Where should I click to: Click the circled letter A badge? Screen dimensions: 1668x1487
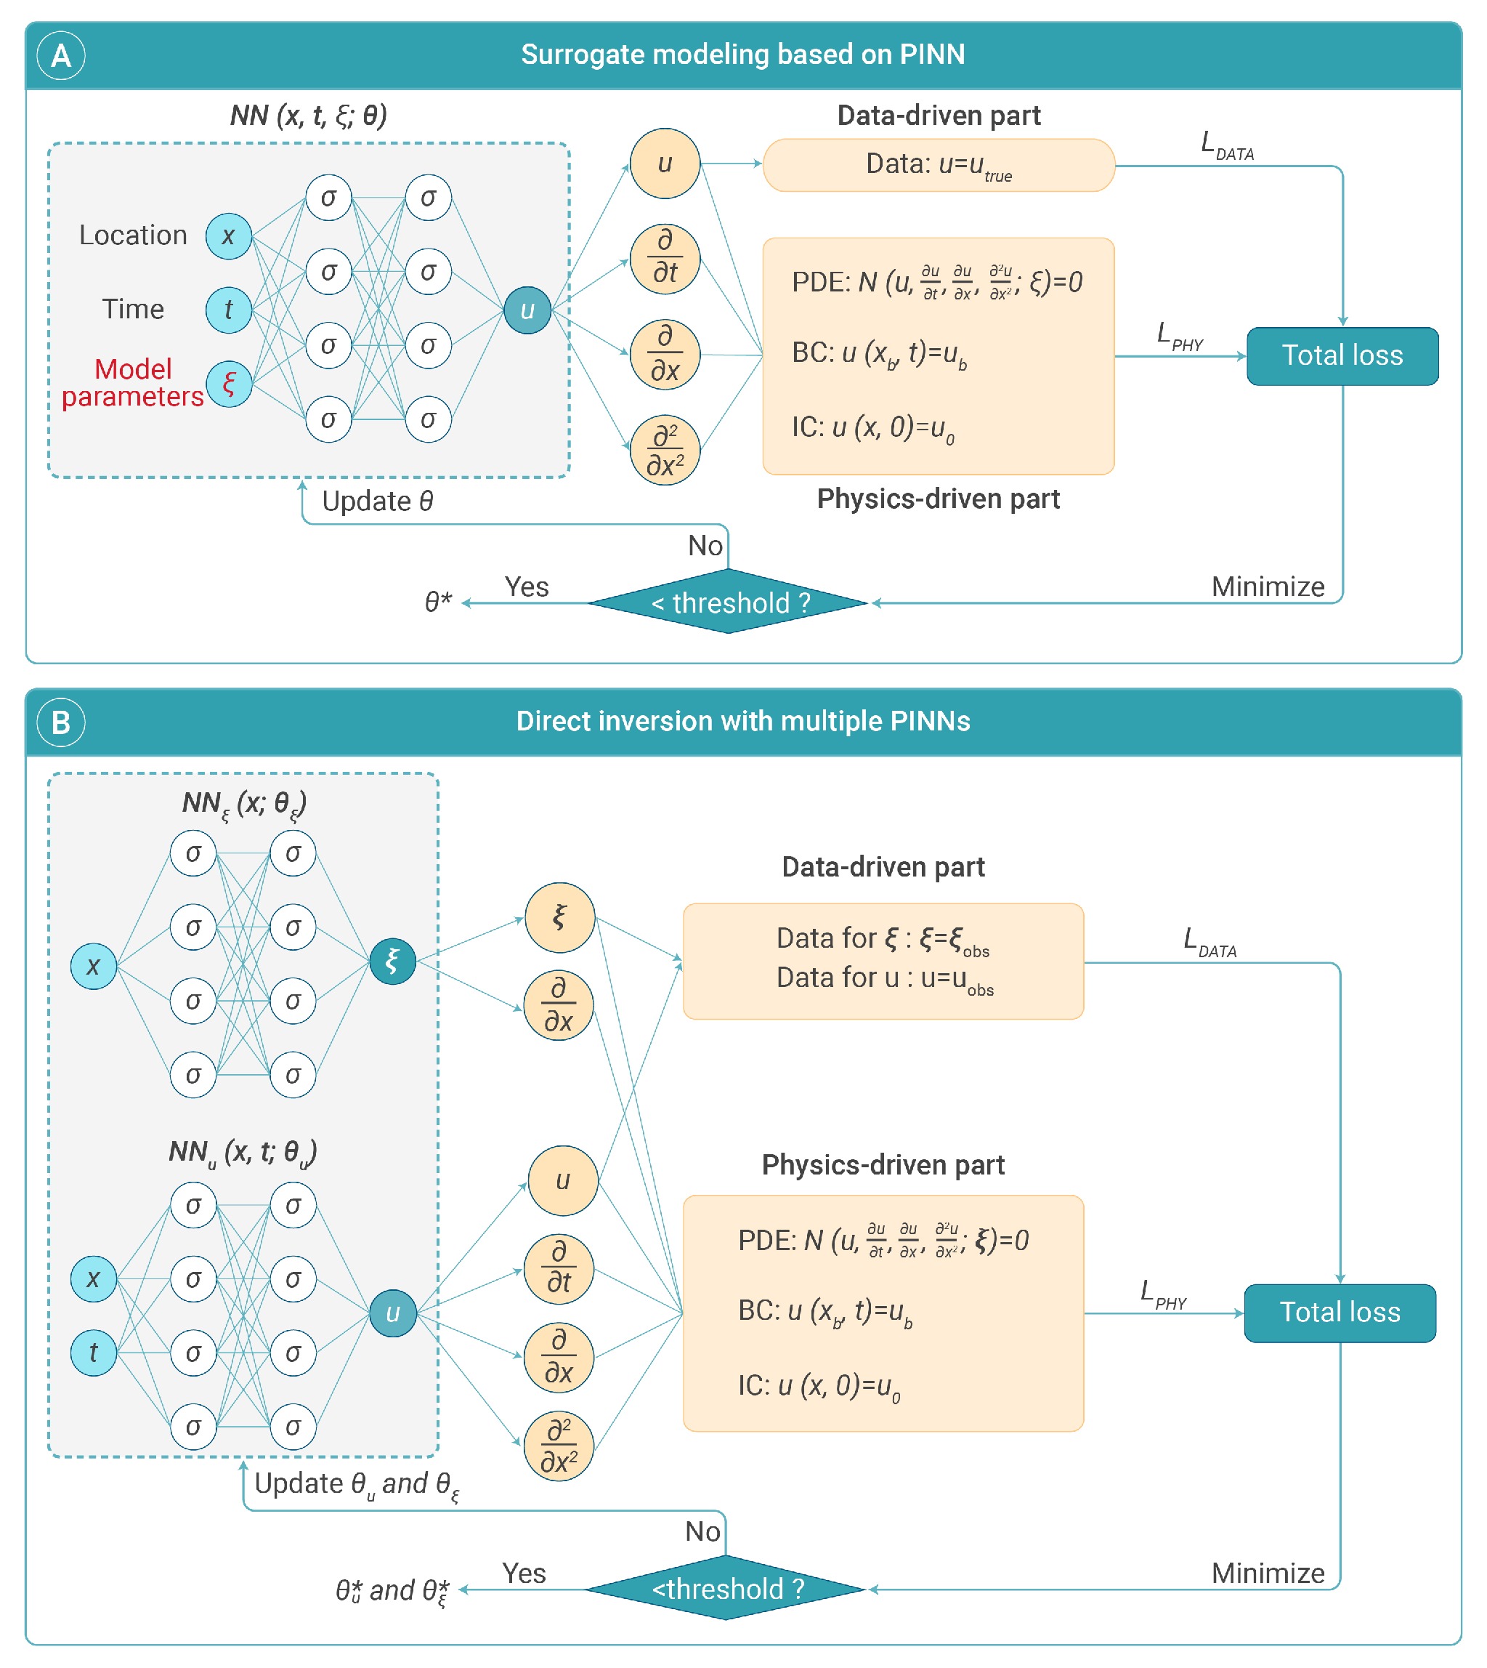[x=60, y=55]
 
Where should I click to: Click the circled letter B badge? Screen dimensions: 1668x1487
[x=60, y=722]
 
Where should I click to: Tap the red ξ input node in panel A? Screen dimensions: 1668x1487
[x=229, y=383]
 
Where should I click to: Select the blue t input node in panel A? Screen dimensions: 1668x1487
[x=229, y=310]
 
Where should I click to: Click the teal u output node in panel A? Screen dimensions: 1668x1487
[x=527, y=310]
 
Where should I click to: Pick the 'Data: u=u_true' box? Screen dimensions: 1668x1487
[x=938, y=165]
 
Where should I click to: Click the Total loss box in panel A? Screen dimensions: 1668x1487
[x=1342, y=355]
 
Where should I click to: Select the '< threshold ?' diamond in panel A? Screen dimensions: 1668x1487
[x=727, y=603]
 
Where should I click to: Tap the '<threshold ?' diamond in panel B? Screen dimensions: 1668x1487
[x=726, y=1589]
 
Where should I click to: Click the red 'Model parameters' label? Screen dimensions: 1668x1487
[x=132, y=382]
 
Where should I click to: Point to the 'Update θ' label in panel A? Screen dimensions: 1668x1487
[x=378, y=501]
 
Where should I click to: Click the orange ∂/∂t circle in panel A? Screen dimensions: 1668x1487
[x=665, y=259]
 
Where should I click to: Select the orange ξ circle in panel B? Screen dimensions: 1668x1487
[x=559, y=917]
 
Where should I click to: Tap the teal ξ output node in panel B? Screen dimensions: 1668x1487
[x=393, y=961]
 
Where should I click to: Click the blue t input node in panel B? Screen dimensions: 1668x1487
[x=93, y=1353]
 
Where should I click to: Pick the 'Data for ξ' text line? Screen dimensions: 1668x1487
[x=883, y=938]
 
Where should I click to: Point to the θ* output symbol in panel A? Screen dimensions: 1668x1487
[x=438, y=602]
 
